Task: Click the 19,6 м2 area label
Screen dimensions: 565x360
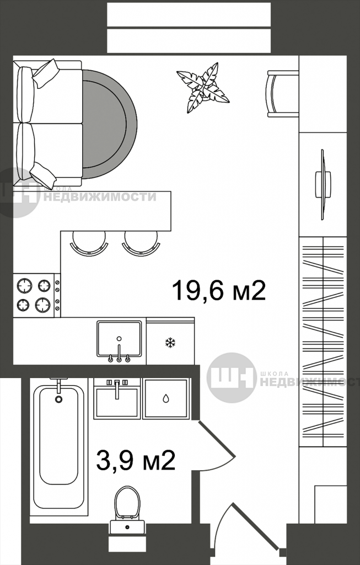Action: pyautogui.click(x=219, y=290)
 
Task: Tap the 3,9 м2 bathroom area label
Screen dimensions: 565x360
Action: pyautogui.click(x=136, y=461)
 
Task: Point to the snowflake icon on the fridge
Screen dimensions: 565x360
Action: pyautogui.click(x=170, y=343)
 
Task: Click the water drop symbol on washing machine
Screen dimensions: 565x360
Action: pyautogui.click(x=166, y=398)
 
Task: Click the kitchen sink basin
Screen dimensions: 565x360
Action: pyautogui.click(x=119, y=338)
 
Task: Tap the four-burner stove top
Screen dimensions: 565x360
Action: pyautogui.click(x=34, y=294)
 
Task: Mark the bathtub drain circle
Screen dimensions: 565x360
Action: pyautogui.click(x=59, y=399)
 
